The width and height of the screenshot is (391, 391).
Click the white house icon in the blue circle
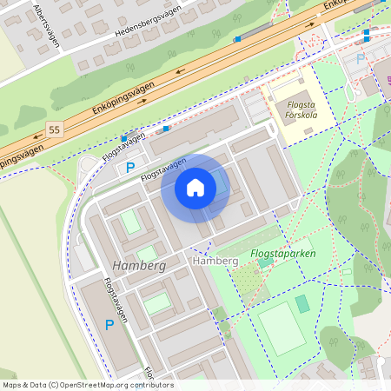[x=195, y=188]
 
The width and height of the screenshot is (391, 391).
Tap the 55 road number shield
[x=55, y=129]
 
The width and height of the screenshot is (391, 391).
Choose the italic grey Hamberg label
[x=139, y=264]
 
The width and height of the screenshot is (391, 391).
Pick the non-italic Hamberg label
[x=215, y=261]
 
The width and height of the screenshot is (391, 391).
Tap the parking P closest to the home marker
[x=130, y=167]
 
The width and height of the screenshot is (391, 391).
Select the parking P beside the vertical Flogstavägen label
[x=109, y=325]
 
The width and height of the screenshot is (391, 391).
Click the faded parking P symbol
[x=361, y=59]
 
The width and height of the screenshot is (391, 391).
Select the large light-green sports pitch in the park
[x=282, y=328]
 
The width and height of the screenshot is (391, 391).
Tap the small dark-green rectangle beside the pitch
[x=302, y=304]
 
